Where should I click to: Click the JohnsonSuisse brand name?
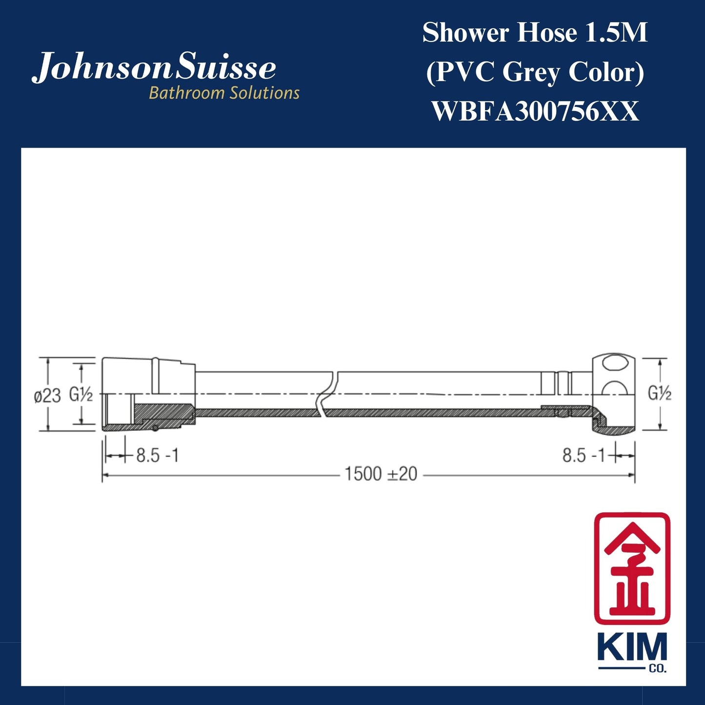tap(154, 68)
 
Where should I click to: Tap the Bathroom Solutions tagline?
tap(224, 93)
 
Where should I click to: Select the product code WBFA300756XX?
tap(535, 112)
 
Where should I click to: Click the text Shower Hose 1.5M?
tap(535, 33)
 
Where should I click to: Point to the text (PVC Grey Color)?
tap(535, 73)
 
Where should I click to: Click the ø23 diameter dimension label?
tap(47, 396)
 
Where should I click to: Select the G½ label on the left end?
tap(81, 394)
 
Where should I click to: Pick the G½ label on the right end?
tap(659, 393)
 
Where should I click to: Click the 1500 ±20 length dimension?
tap(381, 474)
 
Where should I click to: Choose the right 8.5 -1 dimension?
tap(584, 456)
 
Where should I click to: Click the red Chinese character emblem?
tap(632, 568)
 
